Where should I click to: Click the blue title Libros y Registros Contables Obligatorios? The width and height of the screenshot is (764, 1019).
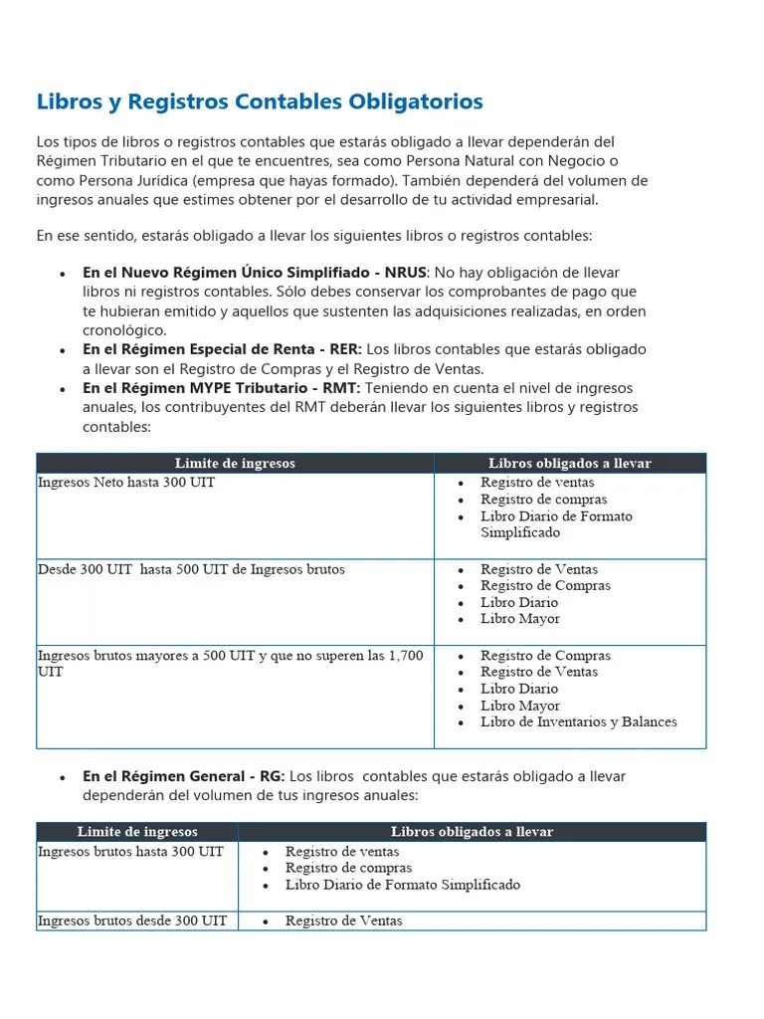[260, 102]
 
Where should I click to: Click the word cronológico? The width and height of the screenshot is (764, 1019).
[124, 330]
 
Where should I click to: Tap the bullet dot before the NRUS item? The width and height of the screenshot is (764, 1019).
[63, 274]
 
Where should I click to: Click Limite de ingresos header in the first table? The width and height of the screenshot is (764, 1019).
[235, 463]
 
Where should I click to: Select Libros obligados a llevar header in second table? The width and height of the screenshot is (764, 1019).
[472, 831]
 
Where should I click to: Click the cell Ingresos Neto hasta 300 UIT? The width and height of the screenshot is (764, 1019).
[126, 483]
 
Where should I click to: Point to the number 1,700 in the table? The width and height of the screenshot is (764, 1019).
[403, 656]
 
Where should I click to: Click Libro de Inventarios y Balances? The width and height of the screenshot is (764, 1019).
[578, 721]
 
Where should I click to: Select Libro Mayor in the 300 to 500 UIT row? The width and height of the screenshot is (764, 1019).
[519, 619]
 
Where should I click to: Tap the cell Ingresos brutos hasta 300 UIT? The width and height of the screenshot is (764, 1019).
[130, 852]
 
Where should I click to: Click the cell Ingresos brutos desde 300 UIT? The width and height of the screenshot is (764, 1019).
[132, 921]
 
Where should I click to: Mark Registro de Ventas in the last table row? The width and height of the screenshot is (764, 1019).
[343, 921]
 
